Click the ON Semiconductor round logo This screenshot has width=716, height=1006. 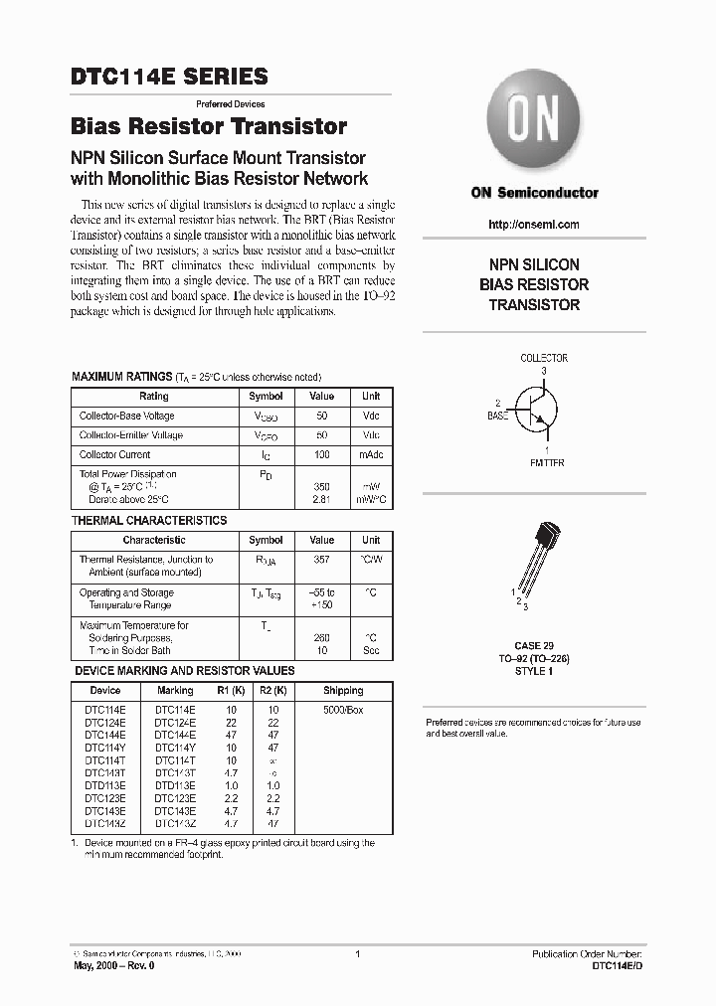535,122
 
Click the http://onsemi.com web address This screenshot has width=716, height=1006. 534,225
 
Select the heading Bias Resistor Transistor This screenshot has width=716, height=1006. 209,127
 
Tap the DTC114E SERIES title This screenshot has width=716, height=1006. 169,77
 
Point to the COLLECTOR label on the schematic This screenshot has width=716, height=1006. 544,358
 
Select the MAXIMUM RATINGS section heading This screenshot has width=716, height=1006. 122,378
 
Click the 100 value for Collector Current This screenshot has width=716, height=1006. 322,454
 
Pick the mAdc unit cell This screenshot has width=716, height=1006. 371,454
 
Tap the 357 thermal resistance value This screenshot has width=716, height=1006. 322,560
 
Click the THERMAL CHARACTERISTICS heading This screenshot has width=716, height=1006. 149,520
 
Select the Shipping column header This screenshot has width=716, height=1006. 343,690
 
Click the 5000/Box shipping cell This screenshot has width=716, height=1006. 343,709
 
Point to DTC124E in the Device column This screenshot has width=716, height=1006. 104,722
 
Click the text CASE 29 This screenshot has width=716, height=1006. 534,646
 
